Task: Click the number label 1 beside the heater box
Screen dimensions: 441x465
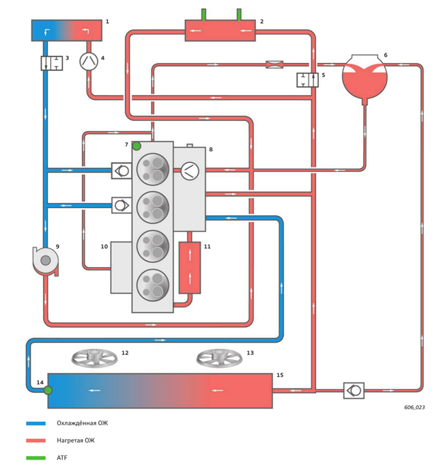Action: (107, 21)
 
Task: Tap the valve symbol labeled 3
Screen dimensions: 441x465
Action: (52, 63)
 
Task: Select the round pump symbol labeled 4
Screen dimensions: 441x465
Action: (89, 61)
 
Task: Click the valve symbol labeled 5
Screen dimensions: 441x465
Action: (308, 80)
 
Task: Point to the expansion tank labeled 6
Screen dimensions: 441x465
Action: (365, 78)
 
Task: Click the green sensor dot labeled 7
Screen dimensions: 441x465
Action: (137, 146)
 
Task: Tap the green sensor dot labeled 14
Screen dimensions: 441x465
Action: (48, 390)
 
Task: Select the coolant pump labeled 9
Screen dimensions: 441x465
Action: (45, 261)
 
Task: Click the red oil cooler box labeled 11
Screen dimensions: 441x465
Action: (190, 268)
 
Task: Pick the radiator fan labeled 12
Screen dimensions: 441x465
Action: (94, 358)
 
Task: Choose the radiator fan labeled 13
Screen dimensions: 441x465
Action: (219, 358)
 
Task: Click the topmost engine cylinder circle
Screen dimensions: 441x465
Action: (153, 169)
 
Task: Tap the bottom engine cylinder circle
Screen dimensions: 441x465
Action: (153, 285)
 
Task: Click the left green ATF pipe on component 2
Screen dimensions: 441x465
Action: (203, 14)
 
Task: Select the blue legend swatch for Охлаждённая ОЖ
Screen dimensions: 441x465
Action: (36, 423)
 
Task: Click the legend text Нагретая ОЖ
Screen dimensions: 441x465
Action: (76, 440)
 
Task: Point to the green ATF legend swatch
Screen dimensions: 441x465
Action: (36, 458)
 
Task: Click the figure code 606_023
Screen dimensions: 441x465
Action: (414, 408)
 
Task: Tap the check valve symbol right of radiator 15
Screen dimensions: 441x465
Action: (354, 391)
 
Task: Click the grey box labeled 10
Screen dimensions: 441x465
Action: (122, 268)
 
